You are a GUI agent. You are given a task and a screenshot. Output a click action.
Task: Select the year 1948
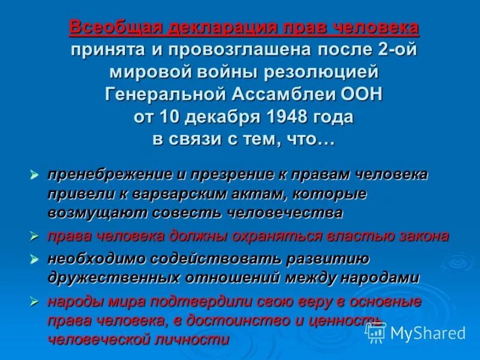(283, 116)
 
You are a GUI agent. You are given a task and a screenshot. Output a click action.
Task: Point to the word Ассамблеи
(280, 94)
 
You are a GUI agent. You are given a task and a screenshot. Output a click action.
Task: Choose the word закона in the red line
(422, 236)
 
